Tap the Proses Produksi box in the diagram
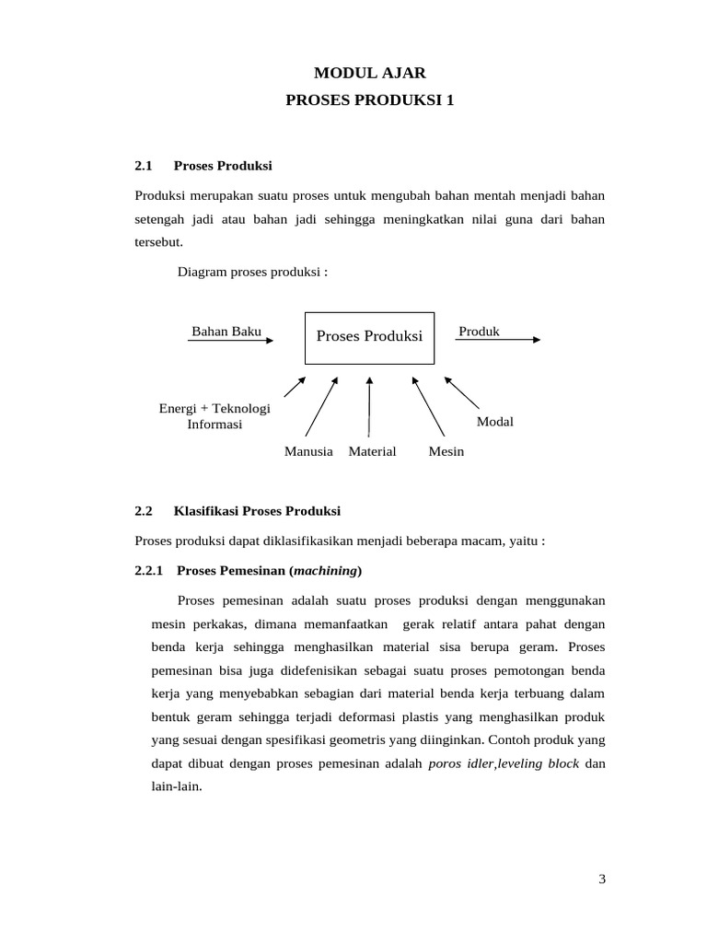(369, 336)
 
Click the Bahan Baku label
(226, 332)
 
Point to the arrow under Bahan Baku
(230, 341)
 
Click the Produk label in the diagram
(479, 332)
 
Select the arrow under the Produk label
(498, 340)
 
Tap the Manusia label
(308, 451)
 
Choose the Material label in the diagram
(372, 451)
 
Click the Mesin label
(446, 451)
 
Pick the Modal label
(494, 422)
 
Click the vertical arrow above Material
(369, 405)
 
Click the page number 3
(602, 879)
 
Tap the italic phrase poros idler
(461, 764)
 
